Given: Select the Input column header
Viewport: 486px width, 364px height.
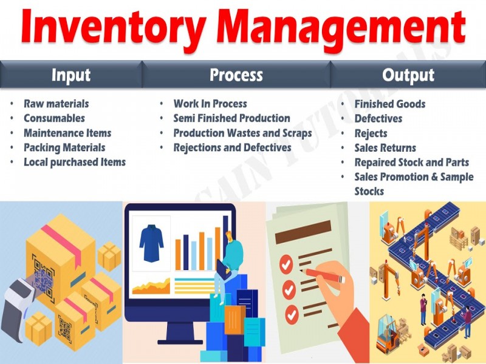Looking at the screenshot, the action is (71, 75).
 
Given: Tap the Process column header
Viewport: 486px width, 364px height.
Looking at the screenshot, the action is (236, 75).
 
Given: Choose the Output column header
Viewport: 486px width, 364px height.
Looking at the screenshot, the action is (408, 75).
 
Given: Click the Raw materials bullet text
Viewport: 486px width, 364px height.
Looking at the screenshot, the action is (56, 104).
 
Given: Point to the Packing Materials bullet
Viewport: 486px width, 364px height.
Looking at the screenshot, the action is (64, 147).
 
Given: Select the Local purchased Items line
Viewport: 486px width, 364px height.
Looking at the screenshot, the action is (75, 162).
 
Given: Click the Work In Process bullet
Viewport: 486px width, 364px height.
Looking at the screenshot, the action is (210, 104).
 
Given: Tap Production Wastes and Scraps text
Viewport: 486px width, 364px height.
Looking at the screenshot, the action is (242, 133).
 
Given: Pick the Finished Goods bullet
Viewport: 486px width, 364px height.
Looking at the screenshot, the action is (390, 104).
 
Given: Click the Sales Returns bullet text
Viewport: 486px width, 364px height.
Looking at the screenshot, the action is (385, 148).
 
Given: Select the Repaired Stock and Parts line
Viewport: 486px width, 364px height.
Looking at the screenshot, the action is (412, 163).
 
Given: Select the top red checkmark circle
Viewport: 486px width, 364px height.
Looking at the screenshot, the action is (286, 264).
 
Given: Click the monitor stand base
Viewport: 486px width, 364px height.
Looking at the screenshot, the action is (180, 342).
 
